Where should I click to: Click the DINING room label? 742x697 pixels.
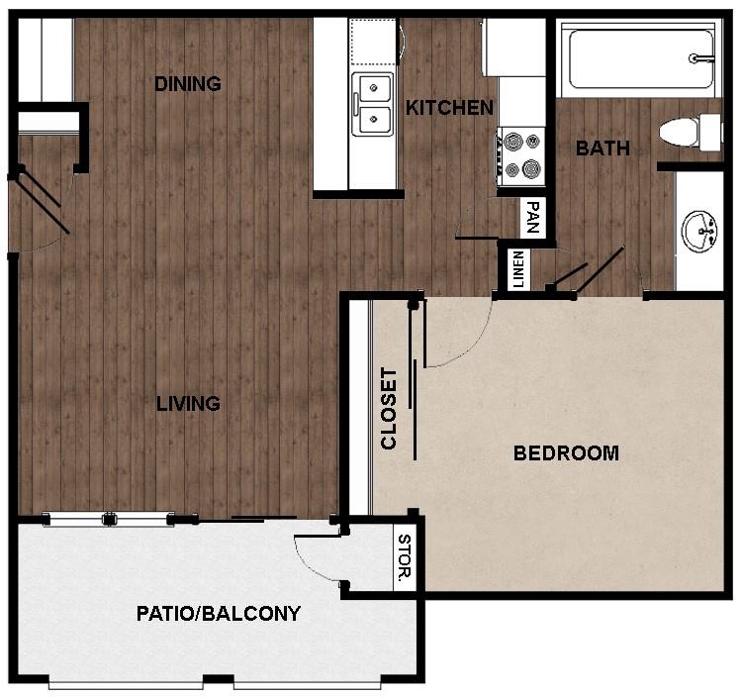(x=187, y=84)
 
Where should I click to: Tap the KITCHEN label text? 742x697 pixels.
(x=449, y=108)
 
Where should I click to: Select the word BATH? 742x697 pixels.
(x=603, y=149)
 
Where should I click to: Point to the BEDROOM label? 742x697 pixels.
(x=566, y=453)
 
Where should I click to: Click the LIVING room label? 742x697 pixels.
(x=187, y=404)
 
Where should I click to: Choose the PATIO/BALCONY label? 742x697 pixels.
(x=218, y=614)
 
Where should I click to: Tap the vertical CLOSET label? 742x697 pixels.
(x=389, y=409)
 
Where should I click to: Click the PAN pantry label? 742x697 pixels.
(x=533, y=216)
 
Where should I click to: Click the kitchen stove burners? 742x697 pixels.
(x=521, y=154)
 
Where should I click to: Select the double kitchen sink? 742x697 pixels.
(x=373, y=105)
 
